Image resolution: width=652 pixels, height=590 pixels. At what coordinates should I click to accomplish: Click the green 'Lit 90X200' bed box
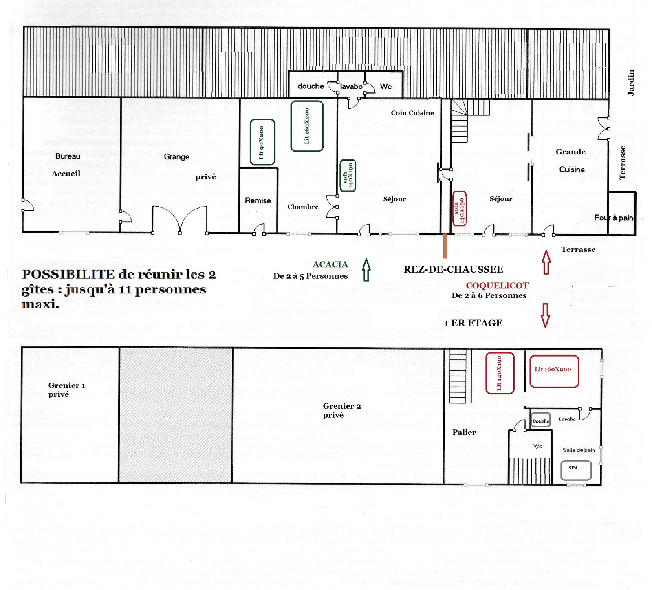click(x=262, y=142)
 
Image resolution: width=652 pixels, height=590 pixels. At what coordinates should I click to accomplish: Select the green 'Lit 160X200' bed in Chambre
click(x=307, y=126)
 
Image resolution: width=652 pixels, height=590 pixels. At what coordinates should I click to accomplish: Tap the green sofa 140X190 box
click(x=348, y=176)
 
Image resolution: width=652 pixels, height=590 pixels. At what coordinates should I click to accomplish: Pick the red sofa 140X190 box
click(x=459, y=208)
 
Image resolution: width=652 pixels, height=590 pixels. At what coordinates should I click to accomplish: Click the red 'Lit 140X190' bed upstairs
click(x=500, y=373)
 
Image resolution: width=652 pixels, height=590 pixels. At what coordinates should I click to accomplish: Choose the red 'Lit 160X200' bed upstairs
click(x=554, y=371)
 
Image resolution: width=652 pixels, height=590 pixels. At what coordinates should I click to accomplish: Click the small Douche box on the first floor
click(x=541, y=421)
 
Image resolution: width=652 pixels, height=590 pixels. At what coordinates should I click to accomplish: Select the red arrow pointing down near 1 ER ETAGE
click(x=545, y=315)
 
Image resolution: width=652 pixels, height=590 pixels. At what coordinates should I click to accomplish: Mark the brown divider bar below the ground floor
click(x=445, y=246)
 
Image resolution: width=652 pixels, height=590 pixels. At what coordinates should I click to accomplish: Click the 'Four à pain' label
click(x=614, y=218)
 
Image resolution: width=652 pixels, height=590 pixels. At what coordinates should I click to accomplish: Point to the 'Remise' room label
click(x=258, y=200)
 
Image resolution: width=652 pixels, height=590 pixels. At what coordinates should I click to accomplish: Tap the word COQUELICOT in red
click(x=497, y=286)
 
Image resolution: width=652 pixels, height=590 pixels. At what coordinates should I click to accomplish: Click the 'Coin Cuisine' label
click(x=412, y=113)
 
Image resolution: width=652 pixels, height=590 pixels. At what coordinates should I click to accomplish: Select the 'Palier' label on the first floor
click(x=464, y=432)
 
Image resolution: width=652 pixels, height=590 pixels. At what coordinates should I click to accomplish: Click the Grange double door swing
click(x=180, y=220)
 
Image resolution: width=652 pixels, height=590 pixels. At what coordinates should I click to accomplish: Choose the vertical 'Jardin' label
click(x=631, y=83)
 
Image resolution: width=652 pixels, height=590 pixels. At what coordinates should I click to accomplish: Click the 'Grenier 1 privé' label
click(x=66, y=390)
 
